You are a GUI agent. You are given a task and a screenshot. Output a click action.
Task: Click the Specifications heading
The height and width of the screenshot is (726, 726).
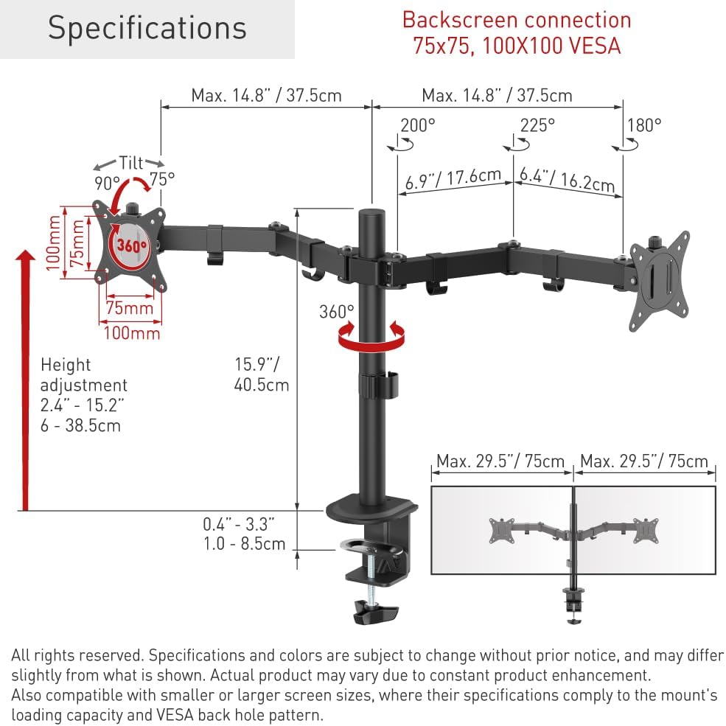(147, 28)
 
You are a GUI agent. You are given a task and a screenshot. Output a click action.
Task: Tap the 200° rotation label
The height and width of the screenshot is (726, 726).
(418, 125)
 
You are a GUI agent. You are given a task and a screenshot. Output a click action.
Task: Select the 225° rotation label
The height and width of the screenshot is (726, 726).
(537, 125)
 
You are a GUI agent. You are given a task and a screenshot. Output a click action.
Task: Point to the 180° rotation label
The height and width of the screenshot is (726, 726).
(644, 125)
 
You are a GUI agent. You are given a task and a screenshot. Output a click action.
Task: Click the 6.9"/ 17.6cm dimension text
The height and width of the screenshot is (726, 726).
(453, 178)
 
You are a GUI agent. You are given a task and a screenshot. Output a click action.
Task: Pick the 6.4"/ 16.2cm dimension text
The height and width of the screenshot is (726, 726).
(567, 180)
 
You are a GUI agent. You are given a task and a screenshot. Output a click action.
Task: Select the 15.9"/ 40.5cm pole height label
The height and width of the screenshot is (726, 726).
(261, 374)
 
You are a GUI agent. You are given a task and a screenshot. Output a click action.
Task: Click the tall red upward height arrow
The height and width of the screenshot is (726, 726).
(26, 380)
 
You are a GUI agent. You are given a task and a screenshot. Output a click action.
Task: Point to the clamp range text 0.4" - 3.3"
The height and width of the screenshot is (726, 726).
(239, 524)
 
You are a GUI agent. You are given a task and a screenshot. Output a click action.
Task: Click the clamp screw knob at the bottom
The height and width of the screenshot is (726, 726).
(375, 612)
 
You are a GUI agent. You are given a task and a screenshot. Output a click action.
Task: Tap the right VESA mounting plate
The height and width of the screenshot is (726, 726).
(660, 280)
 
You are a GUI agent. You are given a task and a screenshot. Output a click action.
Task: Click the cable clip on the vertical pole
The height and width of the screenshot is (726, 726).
(380, 384)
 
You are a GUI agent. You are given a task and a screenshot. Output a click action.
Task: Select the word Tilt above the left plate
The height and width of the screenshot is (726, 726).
(131, 163)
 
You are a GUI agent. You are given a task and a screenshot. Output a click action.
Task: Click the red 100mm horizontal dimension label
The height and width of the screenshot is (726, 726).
(132, 333)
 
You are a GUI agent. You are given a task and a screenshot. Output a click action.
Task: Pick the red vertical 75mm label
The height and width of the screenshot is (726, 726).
(77, 243)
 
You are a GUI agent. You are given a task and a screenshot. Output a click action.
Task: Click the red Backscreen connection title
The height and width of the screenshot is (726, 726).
(517, 33)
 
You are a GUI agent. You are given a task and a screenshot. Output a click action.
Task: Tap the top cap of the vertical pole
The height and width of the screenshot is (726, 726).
(372, 214)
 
